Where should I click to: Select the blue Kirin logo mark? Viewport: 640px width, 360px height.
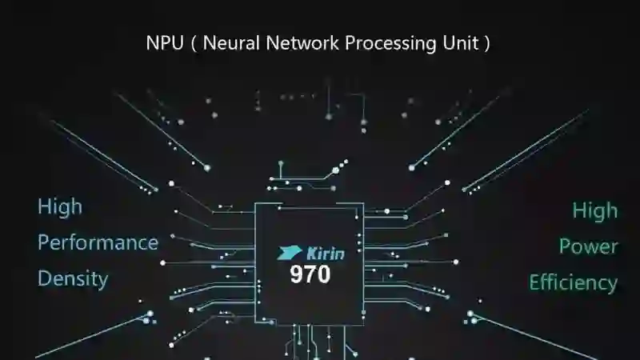(290, 253)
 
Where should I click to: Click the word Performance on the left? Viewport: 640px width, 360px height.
(98, 242)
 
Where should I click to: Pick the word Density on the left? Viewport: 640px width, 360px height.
(73, 278)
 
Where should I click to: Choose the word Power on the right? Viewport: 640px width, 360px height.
(588, 246)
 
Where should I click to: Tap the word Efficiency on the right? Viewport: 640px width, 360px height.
(573, 282)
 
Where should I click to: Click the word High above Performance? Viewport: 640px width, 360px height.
(60, 206)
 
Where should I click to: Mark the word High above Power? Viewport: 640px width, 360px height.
(594, 210)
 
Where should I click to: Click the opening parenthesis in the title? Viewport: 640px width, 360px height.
(194, 44)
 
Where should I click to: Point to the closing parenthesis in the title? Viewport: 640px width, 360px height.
(486, 44)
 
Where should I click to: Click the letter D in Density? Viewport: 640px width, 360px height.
(44, 278)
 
